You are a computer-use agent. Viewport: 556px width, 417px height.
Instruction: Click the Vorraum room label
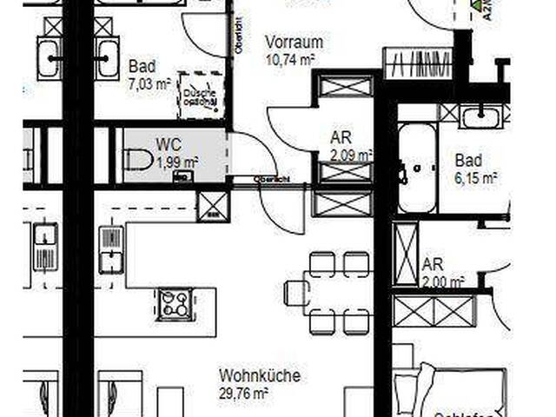pos(295,43)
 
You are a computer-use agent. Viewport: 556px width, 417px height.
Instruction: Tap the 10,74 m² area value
pos(289,59)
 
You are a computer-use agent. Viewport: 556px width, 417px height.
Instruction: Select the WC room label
pos(168,144)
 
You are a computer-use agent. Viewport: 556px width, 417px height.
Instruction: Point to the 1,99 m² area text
pos(176,162)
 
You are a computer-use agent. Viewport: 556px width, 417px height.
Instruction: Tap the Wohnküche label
pos(259,376)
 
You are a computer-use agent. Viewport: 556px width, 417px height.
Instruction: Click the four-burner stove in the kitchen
pos(174,304)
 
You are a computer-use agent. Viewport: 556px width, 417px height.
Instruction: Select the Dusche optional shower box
pos(199,96)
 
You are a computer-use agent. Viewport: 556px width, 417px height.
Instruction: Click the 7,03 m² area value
pos(149,84)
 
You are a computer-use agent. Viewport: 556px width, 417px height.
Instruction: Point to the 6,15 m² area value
pos(475,177)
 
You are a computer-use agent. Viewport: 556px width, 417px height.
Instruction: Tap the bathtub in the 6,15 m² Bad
pos(418,169)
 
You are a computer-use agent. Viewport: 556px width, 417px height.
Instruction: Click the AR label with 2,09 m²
pos(341,138)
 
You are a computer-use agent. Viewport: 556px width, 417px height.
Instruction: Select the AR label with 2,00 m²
pos(432,264)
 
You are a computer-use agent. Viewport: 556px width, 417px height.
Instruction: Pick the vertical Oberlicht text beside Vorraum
pos(239,36)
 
